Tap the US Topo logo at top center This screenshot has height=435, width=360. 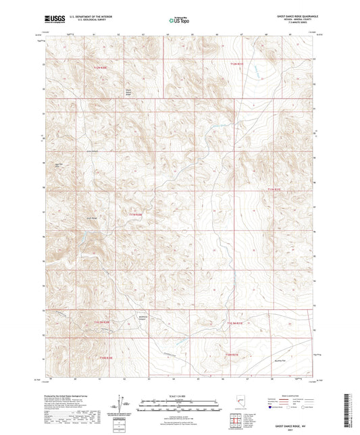[179, 21]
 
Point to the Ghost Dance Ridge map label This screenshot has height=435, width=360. [129, 91]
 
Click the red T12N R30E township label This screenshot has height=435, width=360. [101, 67]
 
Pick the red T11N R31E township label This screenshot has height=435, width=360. [274, 190]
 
